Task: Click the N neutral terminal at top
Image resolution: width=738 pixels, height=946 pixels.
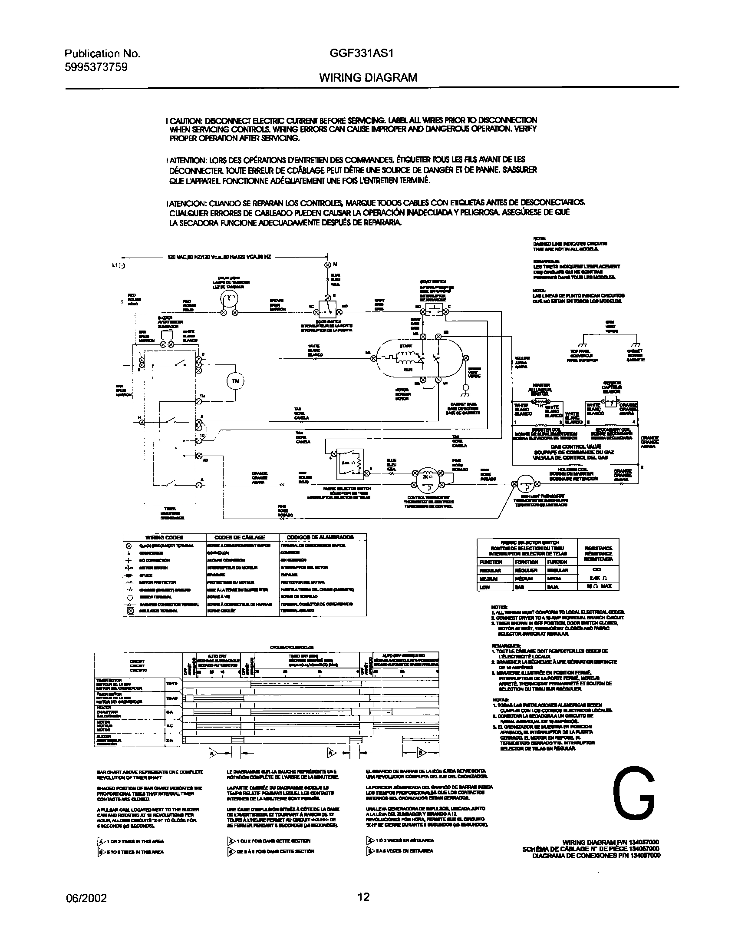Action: [328, 265]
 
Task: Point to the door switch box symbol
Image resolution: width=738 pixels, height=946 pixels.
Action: [328, 307]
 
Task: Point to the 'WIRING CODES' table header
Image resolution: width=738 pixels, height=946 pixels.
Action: [164, 537]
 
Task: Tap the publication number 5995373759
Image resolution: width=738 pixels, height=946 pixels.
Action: [96, 67]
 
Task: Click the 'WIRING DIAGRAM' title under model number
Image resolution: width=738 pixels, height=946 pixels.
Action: [368, 77]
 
